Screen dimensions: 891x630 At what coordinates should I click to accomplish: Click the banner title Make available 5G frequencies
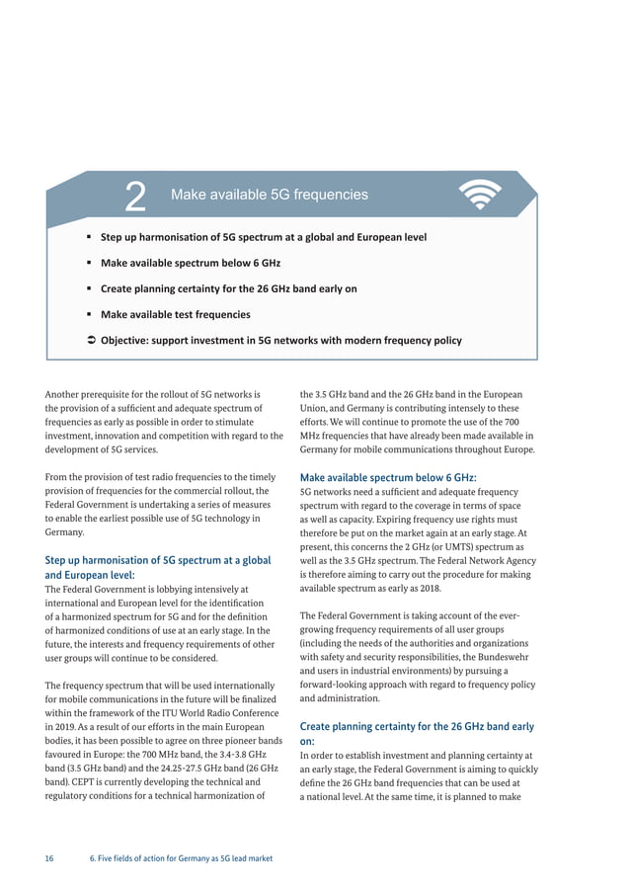269,196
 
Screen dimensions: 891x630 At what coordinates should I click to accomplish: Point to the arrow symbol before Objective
90,341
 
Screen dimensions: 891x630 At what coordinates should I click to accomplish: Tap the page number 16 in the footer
49,858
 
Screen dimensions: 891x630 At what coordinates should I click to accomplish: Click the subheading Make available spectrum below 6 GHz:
388,477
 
